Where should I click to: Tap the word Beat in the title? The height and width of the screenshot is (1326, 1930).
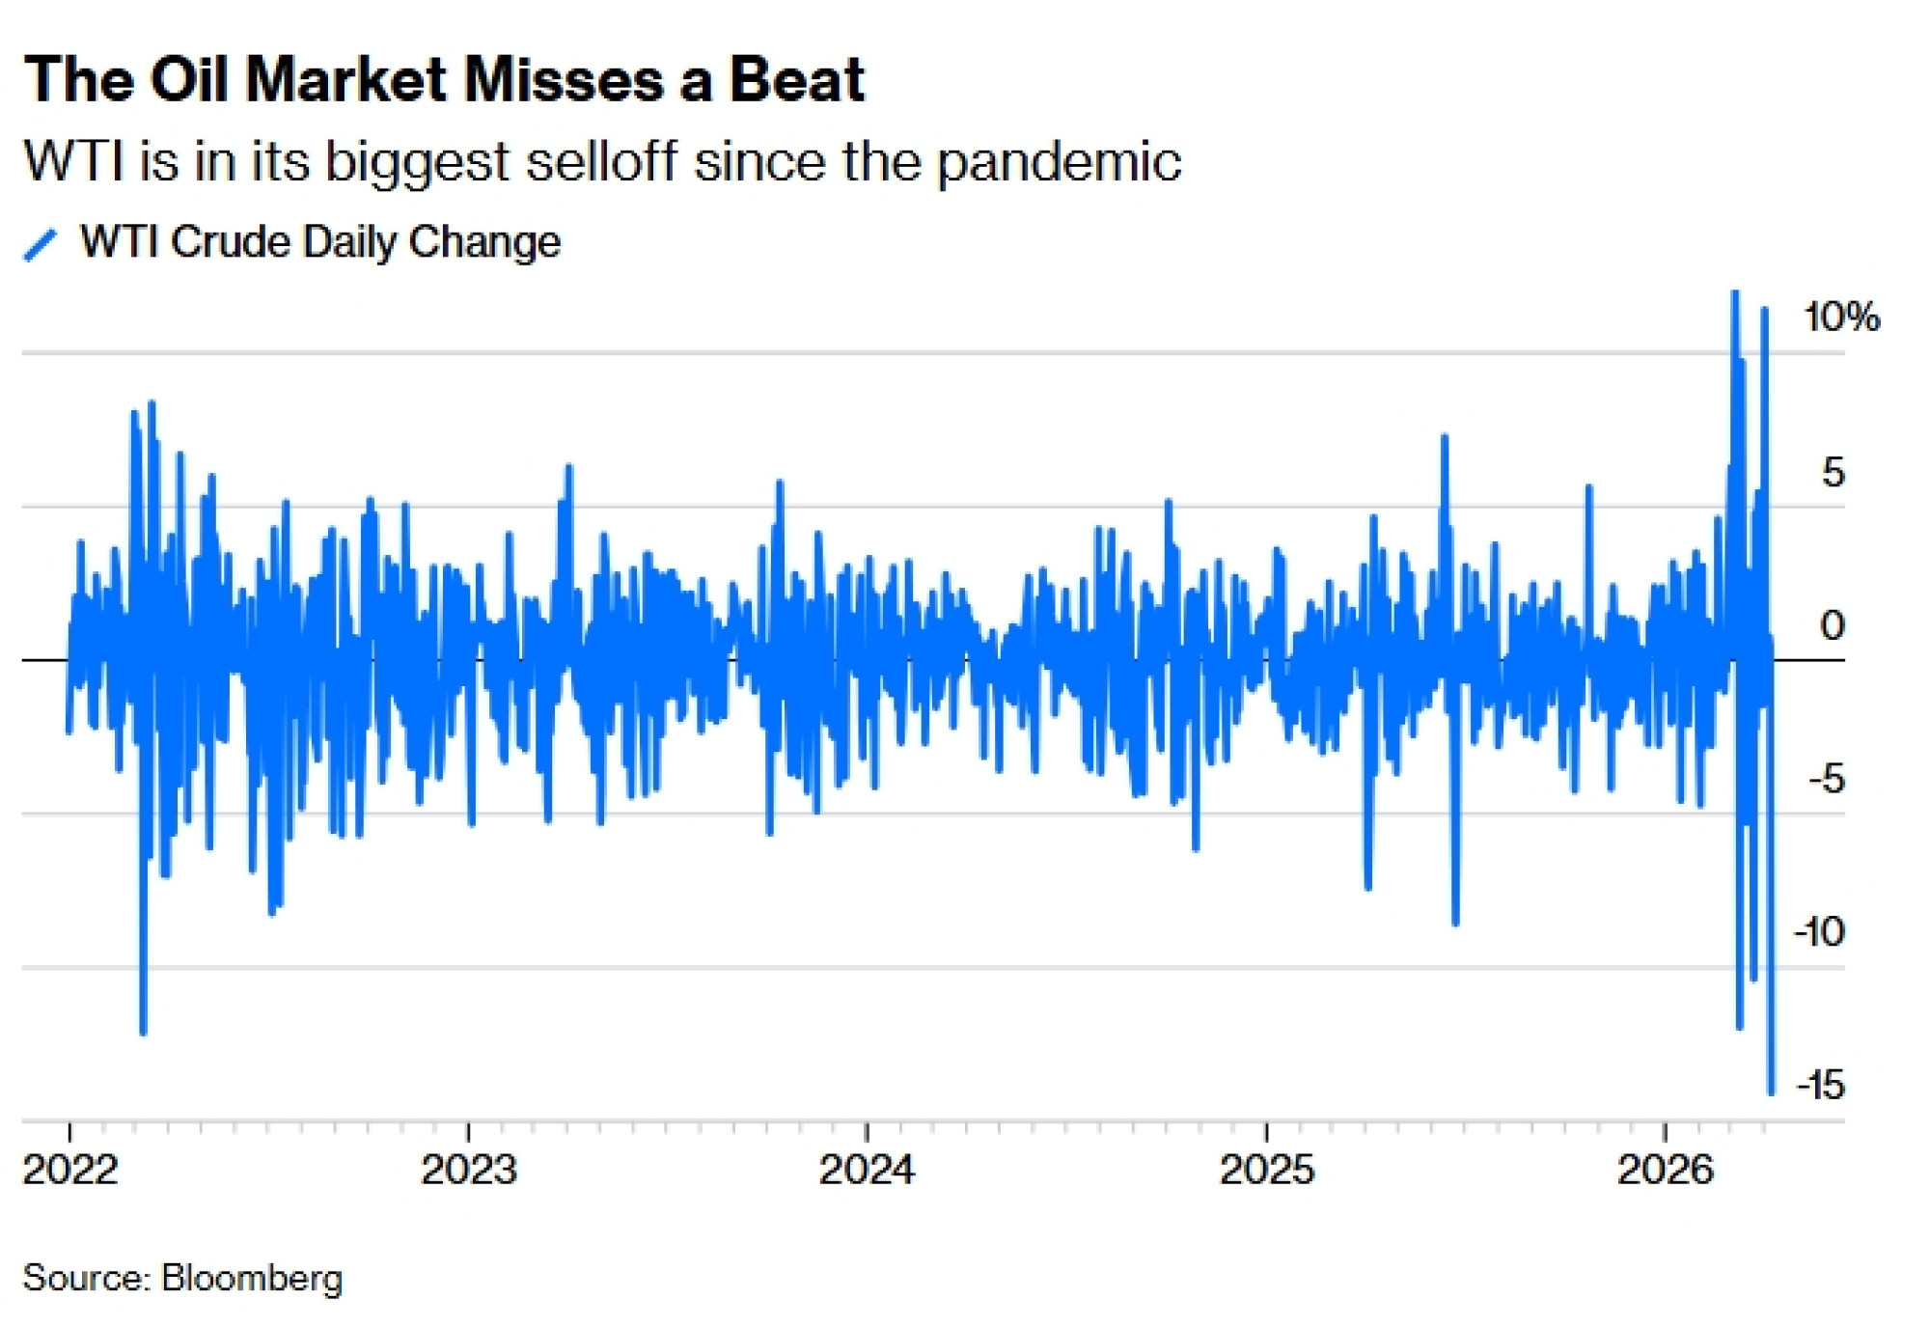pyautogui.click(x=797, y=79)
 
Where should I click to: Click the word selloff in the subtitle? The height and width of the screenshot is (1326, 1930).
pyautogui.click(x=602, y=161)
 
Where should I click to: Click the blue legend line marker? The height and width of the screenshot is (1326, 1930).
pyautogui.click(x=41, y=244)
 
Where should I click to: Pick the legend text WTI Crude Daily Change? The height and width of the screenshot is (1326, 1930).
pyautogui.click(x=319, y=242)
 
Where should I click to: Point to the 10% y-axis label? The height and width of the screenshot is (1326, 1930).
pyautogui.click(x=1841, y=318)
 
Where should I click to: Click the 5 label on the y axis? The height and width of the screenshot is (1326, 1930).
pyautogui.click(x=1833, y=472)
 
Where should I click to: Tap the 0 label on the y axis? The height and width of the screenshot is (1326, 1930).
pyautogui.click(x=1833, y=625)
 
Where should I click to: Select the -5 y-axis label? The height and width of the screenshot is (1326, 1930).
pyautogui.click(x=1826, y=779)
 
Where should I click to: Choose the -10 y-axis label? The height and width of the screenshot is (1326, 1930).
pyautogui.click(x=1819, y=932)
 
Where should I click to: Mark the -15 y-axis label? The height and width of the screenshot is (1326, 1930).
pyautogui.click(x=1820, y=1086)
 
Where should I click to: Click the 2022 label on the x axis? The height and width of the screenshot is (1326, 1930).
pyautogui.click(x=70, y=1171)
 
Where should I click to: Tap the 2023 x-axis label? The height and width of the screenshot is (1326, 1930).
pyautogui.click(x=469, y=1171)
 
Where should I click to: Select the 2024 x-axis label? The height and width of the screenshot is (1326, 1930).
pyautogui.click(x=867, y=1171)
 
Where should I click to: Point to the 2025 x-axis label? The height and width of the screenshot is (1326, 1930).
pyautogui.click(x=1266, y=1171)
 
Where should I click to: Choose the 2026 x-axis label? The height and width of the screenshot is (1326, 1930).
pyautogui.click(x=1665, y=1171)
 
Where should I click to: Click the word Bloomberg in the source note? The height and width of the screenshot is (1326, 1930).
pyautogui.click(x=252, y=1278)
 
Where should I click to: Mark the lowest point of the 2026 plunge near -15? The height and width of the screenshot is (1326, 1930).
pyautogui.click(x=1771, y=1092)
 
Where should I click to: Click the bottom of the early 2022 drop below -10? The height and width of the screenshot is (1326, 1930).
pyautogui.click(x=144, y=1033)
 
